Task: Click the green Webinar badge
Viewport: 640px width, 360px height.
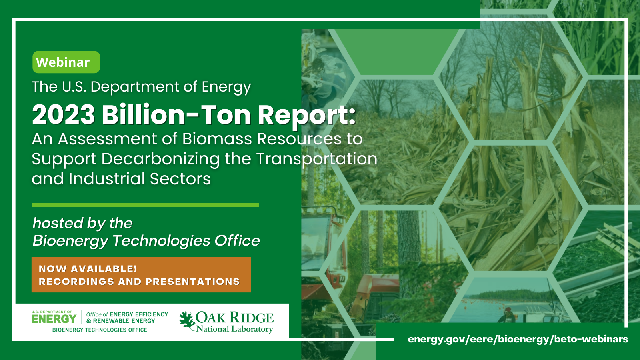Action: pyautogui.click(x=66, y=62)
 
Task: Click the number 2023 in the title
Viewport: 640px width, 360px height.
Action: pyautogui.click(x=63, y=115)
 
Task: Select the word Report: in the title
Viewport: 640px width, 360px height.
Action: pyautogui.click(x=306, y=115)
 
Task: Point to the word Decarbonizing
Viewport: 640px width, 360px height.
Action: pyautogui.click(x=160, y=159)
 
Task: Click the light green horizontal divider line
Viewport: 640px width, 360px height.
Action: pyautogui.click(x=145, y=205)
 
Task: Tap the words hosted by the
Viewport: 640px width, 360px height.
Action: pyautogui.click(x=82, y=223)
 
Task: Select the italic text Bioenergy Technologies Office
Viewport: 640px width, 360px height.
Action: pyautogui.click(x=146, y=241)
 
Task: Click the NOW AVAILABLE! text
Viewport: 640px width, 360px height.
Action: pyautogui.click(x=88, y=269)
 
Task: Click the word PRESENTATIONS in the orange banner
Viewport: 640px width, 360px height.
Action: pyautogui.click(x=192, y=282)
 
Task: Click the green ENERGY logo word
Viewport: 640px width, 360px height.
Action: pyautogui.click(x=54, y=319)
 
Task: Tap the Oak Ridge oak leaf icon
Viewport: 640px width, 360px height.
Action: pyautogui.click(x=186, y=320)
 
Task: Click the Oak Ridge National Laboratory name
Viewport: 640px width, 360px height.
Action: pyautogui.click(x=234, y=322)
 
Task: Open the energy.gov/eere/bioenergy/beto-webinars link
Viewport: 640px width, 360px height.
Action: pyautogui.click(x=518, y=339)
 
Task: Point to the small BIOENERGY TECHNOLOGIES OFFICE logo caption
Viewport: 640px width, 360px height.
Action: pyautogui.click(x=100, y=330)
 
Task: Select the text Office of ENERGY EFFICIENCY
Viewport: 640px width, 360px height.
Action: pyautogui.click(x=127, y=314)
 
